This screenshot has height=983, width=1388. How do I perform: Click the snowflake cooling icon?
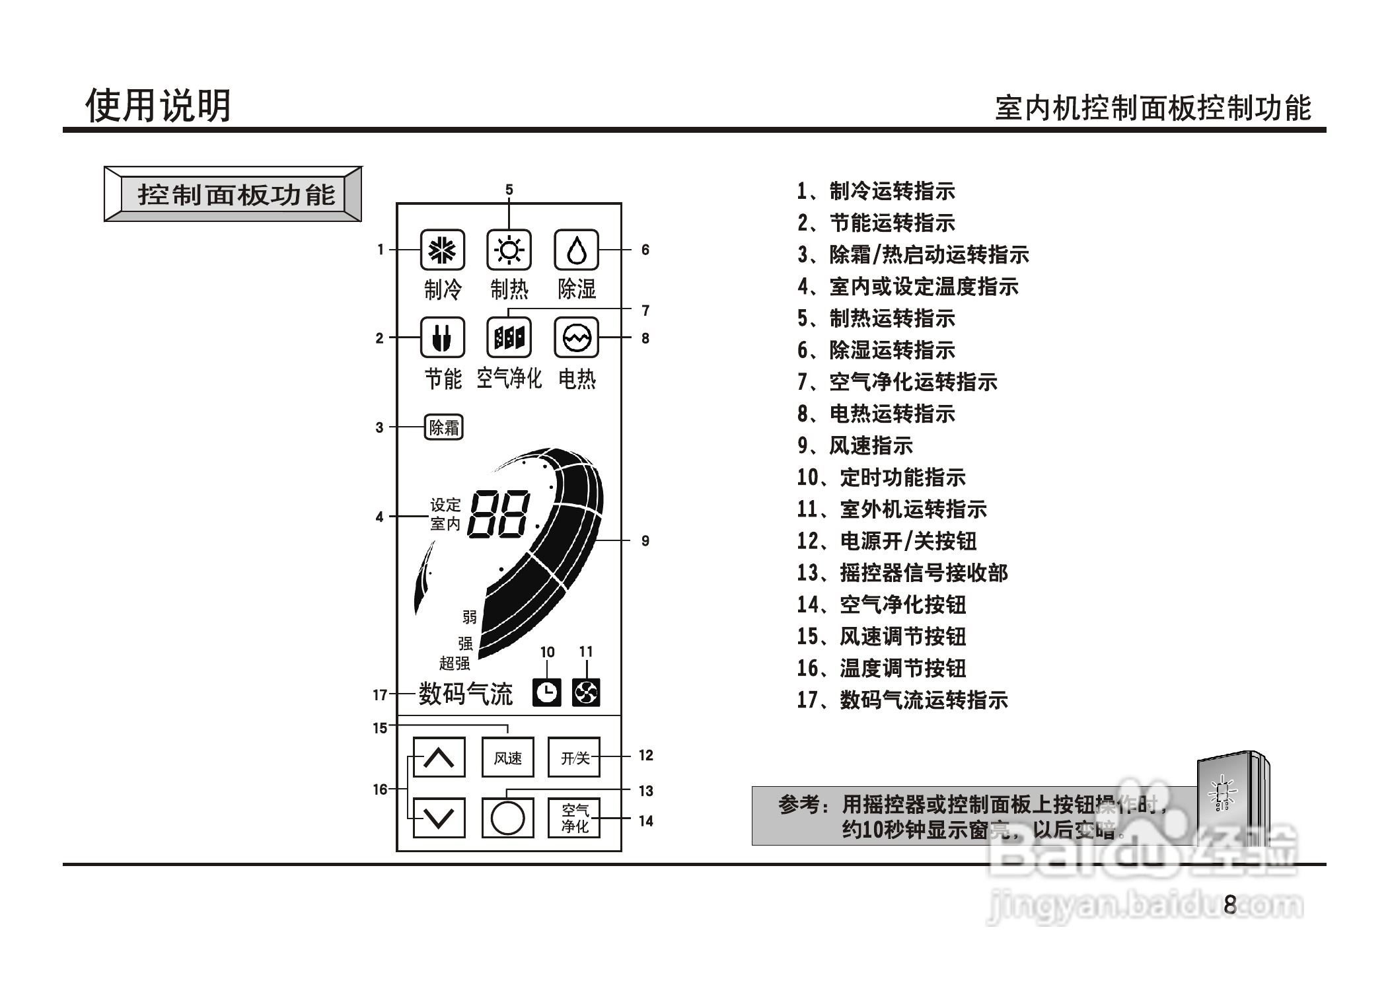click(x=442, y=250)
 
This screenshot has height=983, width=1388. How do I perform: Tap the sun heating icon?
click(x=509, y=250)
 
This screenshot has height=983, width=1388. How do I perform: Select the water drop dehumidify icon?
click(x=576, y=250)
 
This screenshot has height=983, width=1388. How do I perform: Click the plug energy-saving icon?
click(x=442, y=338)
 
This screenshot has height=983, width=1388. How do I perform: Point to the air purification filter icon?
click(x=509, y=338)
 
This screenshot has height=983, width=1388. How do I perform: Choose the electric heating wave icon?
click(x=576, y=338)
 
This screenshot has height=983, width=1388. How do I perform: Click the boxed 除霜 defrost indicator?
click(x=443, y=427)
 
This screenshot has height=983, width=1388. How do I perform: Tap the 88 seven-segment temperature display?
click(x=499, y=514)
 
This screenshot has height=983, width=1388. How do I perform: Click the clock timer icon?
click(x=547, y=693)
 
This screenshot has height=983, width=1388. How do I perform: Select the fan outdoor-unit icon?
click(x=586, y=693)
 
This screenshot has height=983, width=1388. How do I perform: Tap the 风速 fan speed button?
click(x=507, y=757)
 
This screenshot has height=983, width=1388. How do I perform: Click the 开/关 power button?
click(x=574, y=757)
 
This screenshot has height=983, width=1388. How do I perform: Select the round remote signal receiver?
click(x=507, y=818)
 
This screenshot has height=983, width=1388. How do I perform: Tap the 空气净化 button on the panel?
click(x=574, y=818)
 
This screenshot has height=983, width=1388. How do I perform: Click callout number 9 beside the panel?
click(x=645, y=541)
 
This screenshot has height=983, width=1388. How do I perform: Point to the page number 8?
click(x=1229, y=904)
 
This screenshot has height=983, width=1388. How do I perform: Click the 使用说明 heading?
click(x=158, y=106)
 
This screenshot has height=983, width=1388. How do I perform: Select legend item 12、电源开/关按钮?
click(x=887, y=541)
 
